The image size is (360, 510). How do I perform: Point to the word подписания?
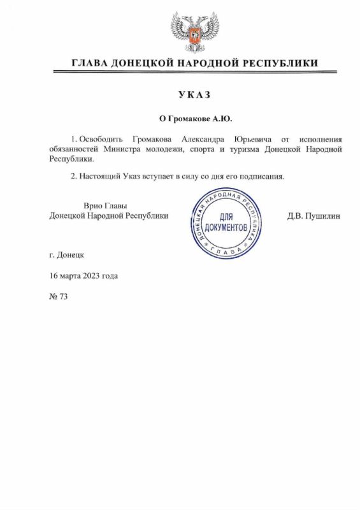pos(263,176)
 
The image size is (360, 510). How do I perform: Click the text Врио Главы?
pos(106,205)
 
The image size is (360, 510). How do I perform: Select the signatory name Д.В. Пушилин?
pos(314,215)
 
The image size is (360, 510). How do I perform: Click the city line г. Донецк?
pos(66,254)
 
